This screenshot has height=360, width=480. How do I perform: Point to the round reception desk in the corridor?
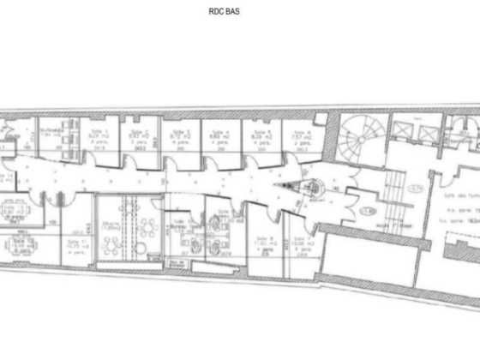310,186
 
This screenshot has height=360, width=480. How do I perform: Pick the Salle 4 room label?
219,131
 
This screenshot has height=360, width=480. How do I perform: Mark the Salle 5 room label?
261,131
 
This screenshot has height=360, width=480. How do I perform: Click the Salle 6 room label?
300,131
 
